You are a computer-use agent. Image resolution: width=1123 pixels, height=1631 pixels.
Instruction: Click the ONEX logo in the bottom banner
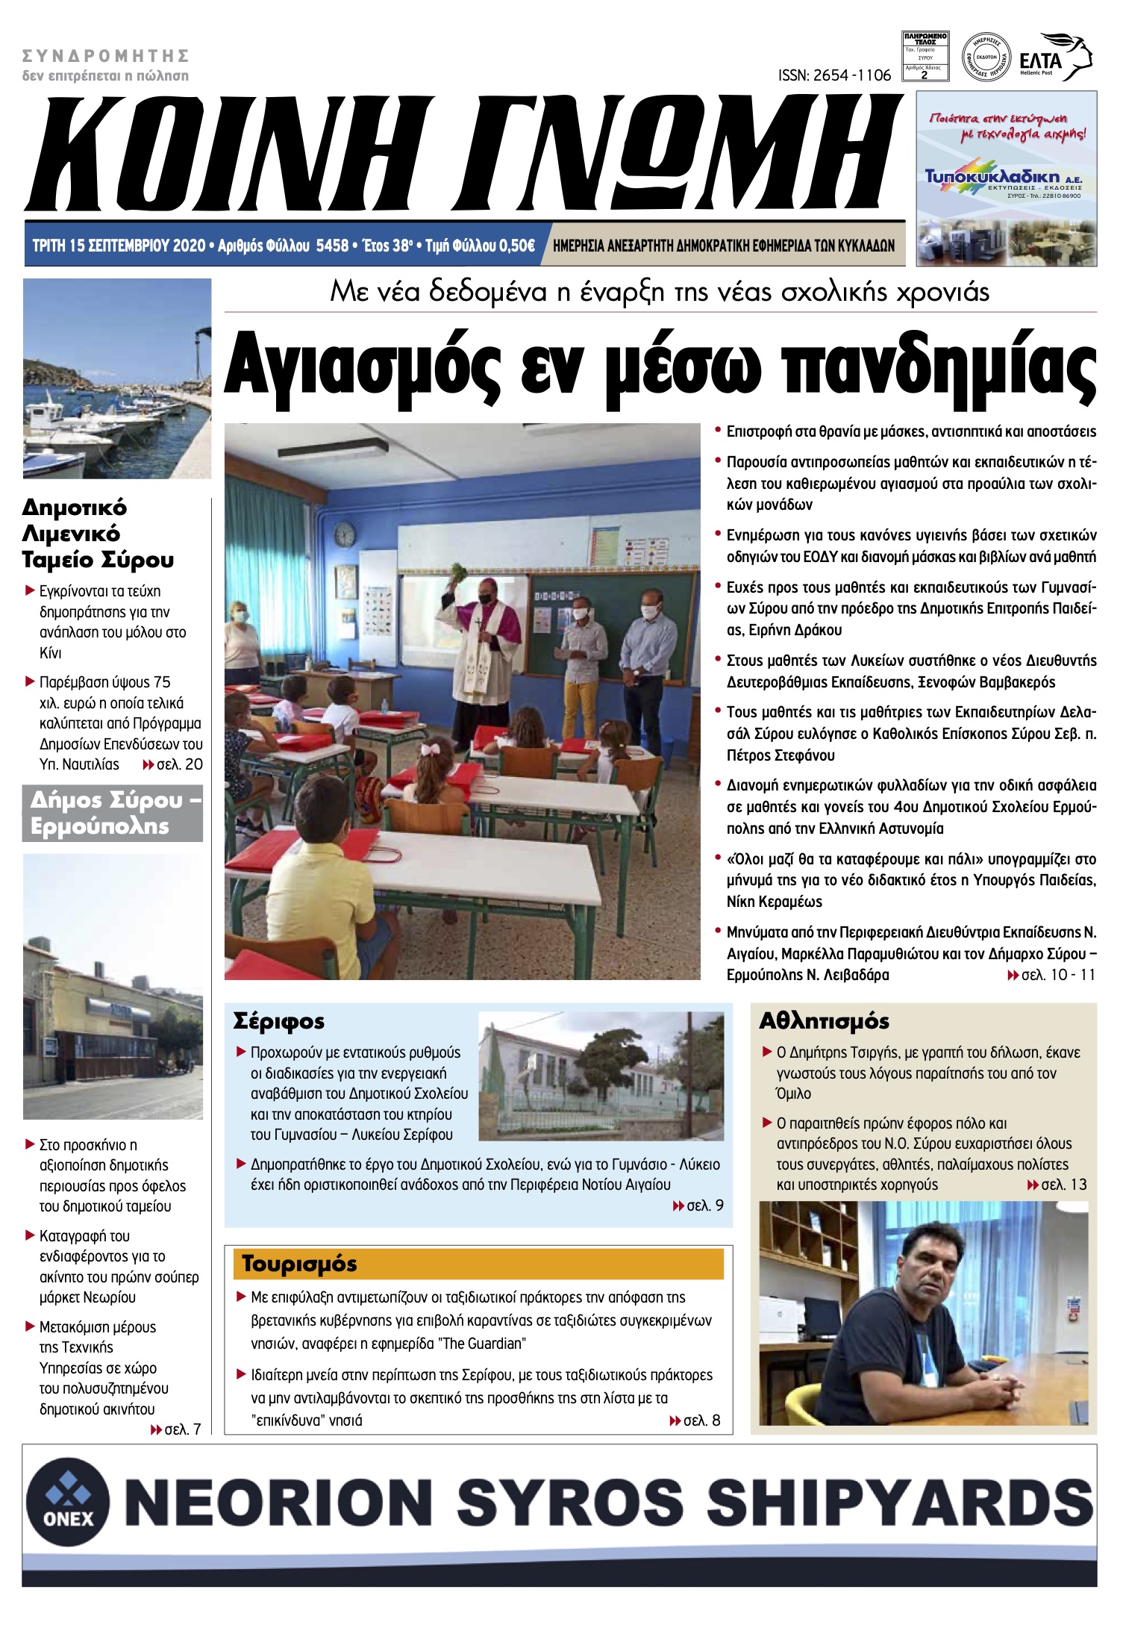[68, 1502]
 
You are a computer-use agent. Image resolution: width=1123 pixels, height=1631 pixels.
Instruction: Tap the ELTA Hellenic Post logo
[1054, 57]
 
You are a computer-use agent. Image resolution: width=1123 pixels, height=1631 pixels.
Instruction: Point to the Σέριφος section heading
[278, 1021]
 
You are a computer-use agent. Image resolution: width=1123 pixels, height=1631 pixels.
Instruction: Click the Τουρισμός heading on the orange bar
[299, 1264]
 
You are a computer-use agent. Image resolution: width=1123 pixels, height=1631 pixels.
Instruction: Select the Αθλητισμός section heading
[824, 1021]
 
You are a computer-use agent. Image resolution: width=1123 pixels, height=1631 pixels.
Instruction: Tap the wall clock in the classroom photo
[344, 534]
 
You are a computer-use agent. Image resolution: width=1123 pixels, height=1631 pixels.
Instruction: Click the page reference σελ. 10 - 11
[1057, 975]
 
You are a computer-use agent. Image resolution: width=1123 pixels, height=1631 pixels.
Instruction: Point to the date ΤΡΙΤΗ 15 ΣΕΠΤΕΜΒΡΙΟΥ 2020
[119, 246]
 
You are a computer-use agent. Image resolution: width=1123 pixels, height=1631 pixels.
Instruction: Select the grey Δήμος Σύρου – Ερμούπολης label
[113, 813]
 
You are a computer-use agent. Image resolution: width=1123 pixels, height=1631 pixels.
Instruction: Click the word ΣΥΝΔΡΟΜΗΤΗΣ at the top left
[105, 56]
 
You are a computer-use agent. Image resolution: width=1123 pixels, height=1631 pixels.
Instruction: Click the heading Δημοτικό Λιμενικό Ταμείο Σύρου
[97, 534]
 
